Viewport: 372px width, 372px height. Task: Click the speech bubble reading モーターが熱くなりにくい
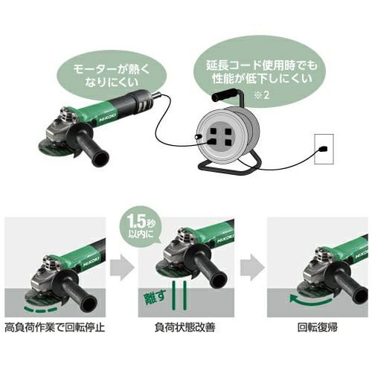112,74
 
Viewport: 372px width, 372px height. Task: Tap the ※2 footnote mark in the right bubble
262,95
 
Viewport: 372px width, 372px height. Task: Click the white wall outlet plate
324,149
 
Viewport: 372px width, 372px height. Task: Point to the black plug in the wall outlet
323,149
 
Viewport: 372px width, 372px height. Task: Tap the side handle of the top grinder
91,147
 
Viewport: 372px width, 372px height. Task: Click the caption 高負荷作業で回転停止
55,327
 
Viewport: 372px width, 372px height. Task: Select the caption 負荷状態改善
185,327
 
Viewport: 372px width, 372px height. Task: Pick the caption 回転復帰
318,327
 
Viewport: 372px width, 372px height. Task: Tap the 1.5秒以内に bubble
141,225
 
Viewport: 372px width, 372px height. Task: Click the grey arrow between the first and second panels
122,267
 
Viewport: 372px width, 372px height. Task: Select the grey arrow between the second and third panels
252,267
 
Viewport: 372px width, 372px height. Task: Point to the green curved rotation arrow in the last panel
310,301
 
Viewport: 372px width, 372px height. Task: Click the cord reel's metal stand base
229,166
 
